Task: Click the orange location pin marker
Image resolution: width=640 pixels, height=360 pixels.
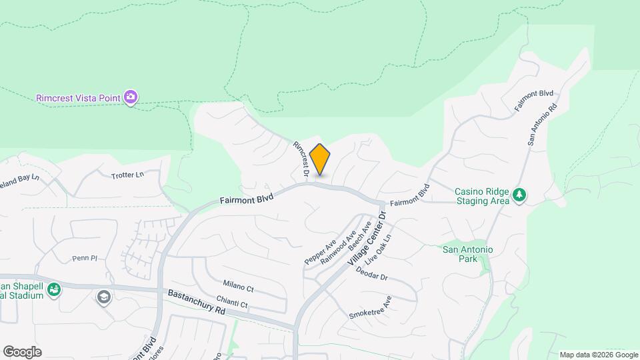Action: [x=320, y=159]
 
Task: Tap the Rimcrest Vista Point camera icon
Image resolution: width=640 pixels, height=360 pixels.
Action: [x=131, y=98]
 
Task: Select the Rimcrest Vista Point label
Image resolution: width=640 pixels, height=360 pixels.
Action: [x=78, y=99]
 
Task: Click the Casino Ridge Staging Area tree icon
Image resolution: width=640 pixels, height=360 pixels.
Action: [x=519, y=195]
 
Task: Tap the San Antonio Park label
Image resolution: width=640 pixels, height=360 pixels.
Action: [x=468, y=254]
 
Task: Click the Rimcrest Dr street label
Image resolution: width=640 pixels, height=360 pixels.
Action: [x=300, y=160]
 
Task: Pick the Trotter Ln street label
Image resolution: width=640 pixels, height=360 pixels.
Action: [x=127, y=175]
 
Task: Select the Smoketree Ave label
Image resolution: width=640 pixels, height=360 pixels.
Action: [x=370, y=307]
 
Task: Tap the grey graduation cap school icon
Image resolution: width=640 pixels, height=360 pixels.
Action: [x=103, y=297]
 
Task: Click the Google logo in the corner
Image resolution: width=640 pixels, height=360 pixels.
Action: [x=23, y=351]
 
